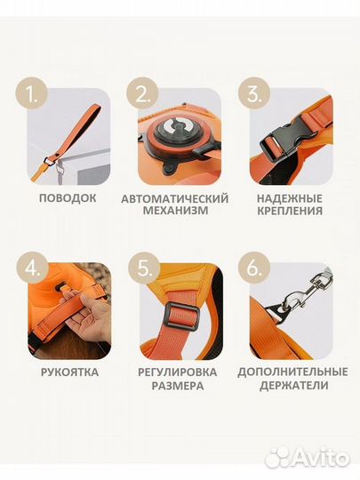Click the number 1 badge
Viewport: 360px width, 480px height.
click(33, 94)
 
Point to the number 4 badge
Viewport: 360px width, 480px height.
click(33, 269)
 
